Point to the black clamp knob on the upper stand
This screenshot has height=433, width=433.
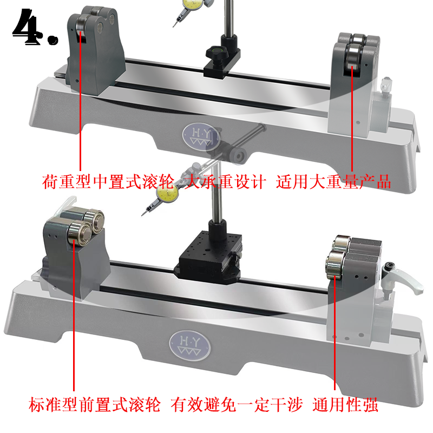[216, 52]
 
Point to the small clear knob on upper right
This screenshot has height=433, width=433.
[386, 84]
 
